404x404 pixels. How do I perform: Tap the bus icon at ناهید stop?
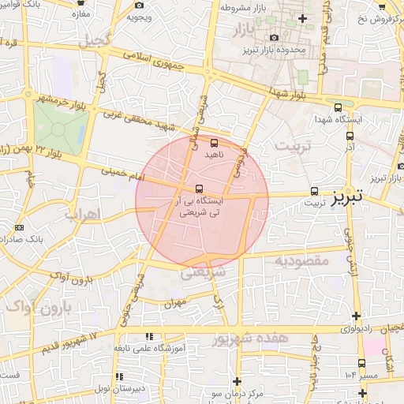tap(215, 143)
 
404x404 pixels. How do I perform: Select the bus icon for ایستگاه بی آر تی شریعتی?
tap(198, 189)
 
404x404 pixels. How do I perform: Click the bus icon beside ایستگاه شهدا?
tap(339, 107)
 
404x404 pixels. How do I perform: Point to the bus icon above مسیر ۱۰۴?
tap(361, 363)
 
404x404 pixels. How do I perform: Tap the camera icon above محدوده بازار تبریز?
tap(274, 38)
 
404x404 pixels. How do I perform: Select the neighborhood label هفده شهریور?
tap(249, 339)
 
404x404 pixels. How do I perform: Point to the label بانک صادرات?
tap(43, 238)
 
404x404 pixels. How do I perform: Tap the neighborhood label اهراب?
tap(80, 214)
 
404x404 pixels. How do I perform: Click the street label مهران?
tap(175, 302)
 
